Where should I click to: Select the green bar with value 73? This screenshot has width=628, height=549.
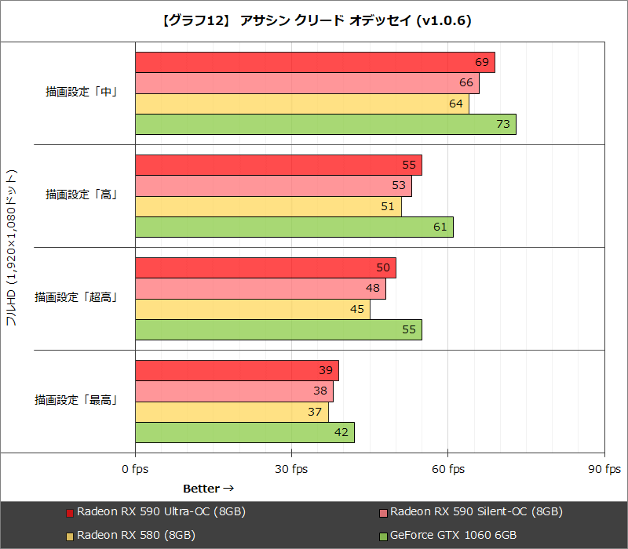tap(325, 124)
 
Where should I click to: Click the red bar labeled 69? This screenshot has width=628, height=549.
tap(315, 63)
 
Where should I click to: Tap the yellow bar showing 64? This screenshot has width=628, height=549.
tap(301, 104)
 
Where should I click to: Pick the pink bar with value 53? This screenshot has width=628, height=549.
tap(273, 186)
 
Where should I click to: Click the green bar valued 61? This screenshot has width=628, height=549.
tap(294, 227)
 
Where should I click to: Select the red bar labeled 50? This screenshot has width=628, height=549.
tap(265, 268)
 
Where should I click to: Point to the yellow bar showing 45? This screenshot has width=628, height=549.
tap(252, 309)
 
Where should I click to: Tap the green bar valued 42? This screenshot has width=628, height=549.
tap(244, 433)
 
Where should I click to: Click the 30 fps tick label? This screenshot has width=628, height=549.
tap(291, 469)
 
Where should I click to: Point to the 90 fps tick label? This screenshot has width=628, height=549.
tap(604, 469)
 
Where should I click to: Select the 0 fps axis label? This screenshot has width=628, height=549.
tap(135, 469)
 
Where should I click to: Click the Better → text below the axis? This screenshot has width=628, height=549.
tap(208, 489)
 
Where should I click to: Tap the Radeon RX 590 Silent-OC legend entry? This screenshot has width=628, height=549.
tap(470, 512)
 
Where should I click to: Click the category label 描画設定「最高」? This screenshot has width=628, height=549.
tap(76, 400)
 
